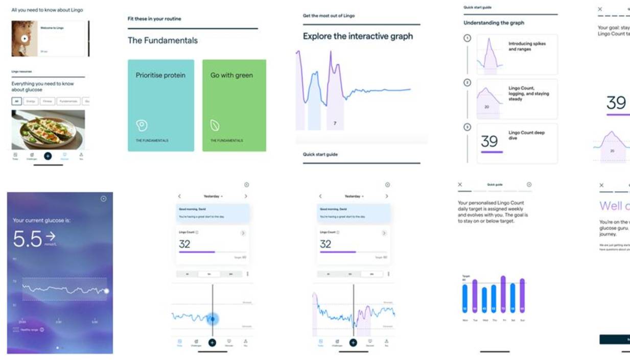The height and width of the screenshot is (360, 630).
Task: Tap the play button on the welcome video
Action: click(x=25, y=38)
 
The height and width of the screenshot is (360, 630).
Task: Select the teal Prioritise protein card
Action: click(x=161, y=105)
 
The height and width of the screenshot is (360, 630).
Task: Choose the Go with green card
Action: click(x=234, y=105)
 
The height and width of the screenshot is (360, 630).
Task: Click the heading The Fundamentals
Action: click(x=162, y=40)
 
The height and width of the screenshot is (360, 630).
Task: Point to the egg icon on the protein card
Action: click(x=142, y=125)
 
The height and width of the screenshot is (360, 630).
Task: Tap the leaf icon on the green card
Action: click(x=215, y=125)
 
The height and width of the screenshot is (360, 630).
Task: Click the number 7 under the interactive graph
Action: click(x=335, y=123)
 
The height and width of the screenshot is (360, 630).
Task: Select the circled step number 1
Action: click(x=466, y=38)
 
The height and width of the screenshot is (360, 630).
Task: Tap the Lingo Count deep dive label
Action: click(x=526, y=135)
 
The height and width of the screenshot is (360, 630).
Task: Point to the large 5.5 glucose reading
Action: click(x=28, y=239)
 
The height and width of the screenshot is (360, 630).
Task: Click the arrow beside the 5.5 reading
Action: click(x=50, y=236)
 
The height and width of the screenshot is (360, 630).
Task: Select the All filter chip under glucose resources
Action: click(x=17, y=101)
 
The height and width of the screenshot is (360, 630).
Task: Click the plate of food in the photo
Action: click(x=48, y=130)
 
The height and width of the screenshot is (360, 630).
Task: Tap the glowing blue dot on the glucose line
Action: click(x=213, y=319)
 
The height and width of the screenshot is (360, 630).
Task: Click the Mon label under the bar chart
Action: click(x=465, y=320)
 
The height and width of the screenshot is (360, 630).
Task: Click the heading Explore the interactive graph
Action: click(x=358, y=36)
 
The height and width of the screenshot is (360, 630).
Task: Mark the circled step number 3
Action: click(x=466, y=127)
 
